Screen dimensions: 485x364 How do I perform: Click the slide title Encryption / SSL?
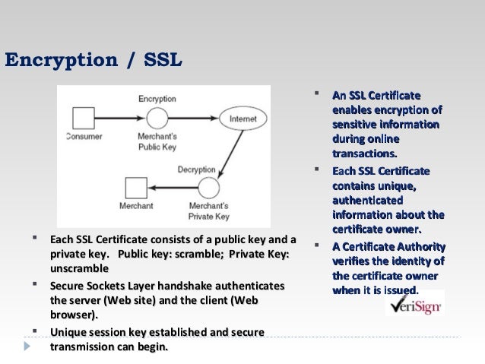point(93,59)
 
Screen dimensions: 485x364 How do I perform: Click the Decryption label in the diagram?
point(196,169)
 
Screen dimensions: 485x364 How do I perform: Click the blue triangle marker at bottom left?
point(28,347)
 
